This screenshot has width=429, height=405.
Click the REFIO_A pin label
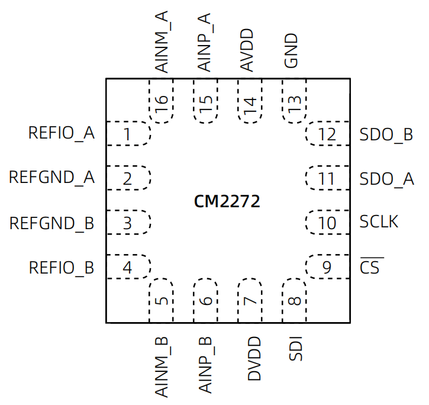point(62,134)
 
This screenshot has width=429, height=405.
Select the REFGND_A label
point(51,178)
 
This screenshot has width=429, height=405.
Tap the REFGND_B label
point(51,224)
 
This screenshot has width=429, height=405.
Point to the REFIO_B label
point(62,268)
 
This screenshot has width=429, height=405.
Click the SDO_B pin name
point(386,135)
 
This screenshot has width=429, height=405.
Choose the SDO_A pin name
point(386,179)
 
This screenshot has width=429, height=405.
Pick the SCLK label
point(379,221)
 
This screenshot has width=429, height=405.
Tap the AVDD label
point(247,50)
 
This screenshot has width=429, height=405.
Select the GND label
point(291,51)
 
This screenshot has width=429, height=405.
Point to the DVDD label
point(254,358)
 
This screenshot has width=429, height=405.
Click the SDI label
point(296,349)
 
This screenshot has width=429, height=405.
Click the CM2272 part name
point(227,201)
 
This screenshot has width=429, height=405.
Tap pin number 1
point(127,134)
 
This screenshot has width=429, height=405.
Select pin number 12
point(327,134)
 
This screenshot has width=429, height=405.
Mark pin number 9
point(327,267)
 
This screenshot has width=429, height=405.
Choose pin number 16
point(162,104)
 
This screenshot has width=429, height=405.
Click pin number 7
point(250,301)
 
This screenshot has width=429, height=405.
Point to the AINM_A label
point(162,42)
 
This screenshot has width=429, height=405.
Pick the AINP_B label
point(205,365)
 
